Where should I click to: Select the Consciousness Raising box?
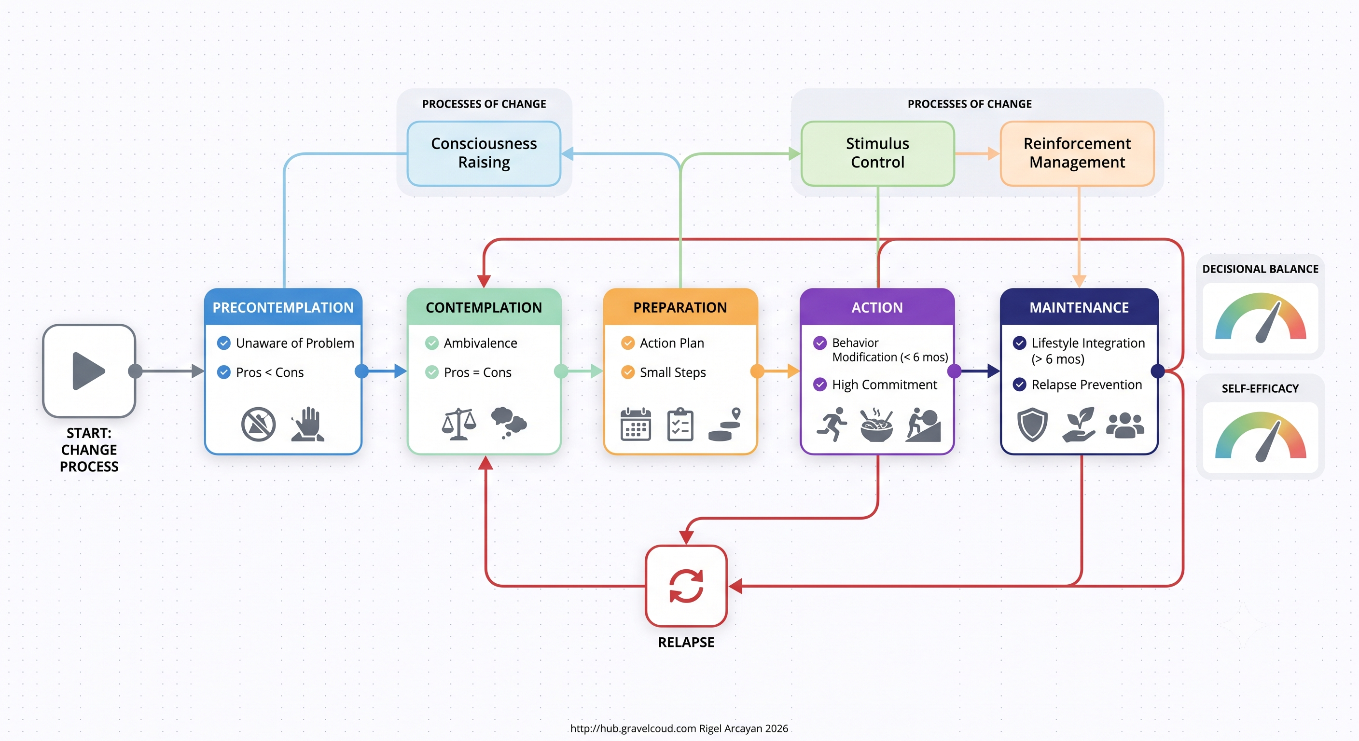[x=484, y=153]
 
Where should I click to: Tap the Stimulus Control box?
[x=877, y=153]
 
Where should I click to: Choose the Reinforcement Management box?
[x=1077, y=153]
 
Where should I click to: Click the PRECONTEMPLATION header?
[x=283, y=307]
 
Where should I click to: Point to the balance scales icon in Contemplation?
[x=459, y=424]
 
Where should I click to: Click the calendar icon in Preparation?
[x=636, y=424]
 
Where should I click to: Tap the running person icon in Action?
[x=832, y=424]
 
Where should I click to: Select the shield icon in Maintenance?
[x=1032, y=424]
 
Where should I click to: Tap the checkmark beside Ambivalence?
[x=431, y=343]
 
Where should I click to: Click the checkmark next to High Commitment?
[x=820, y=384]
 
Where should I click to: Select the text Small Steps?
[x=673, y=372]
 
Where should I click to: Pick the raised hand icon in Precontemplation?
[x=308, y=424]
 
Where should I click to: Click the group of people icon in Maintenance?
[x=1125, y=425]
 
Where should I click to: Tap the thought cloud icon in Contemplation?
[x=509, y=423]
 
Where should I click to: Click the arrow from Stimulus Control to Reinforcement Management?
[x=977, y=153]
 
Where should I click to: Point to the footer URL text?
[x=633, y=728]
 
